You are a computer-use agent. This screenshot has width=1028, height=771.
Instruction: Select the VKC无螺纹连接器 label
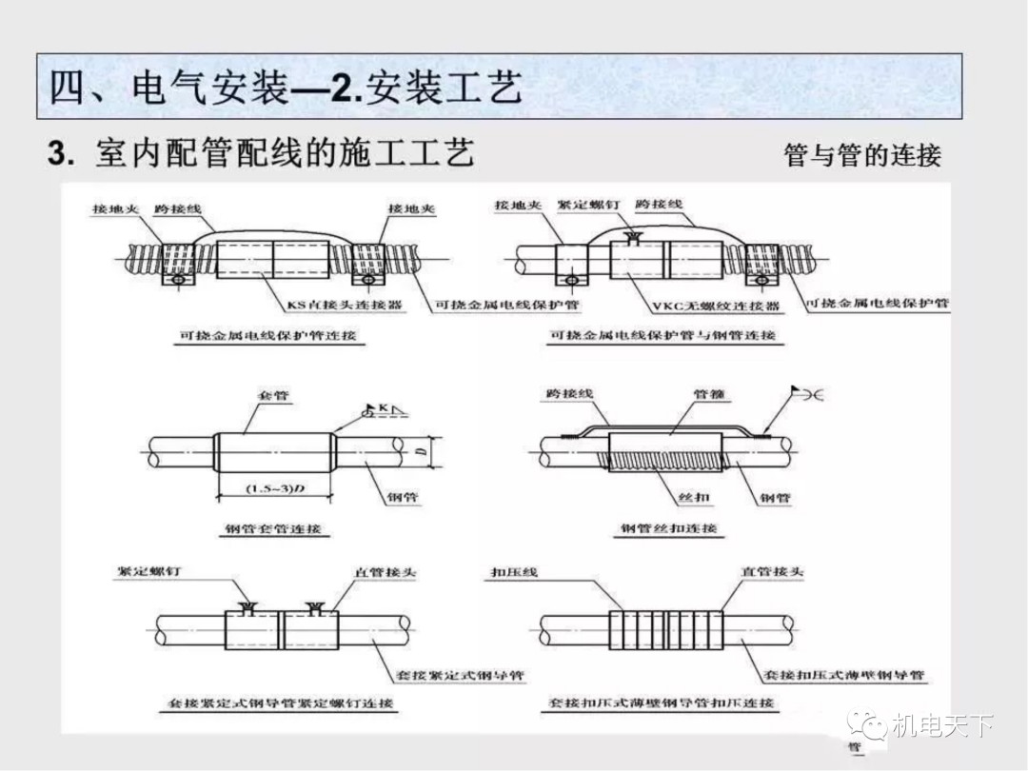(x=716, y=306)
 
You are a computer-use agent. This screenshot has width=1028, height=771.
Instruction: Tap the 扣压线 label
(x=514, y=572)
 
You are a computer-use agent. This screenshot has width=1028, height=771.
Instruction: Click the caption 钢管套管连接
(x=273, y=529)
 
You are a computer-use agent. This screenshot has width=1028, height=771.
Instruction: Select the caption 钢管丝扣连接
(x=668, y=528)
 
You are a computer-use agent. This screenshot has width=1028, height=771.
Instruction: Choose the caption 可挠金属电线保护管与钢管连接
(x=663, y=335)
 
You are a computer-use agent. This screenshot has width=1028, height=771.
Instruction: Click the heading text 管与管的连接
(x=861, y=155)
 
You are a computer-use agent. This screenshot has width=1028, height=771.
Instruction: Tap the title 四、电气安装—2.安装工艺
(x=286, y=89)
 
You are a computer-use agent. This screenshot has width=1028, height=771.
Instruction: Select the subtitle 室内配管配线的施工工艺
(x=284, y=153)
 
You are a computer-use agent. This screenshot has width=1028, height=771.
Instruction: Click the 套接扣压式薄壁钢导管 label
(x=843, y=675)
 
